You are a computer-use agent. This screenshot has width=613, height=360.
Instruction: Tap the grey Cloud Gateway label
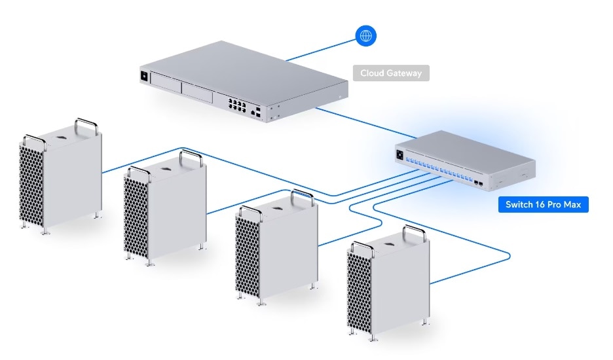click(391, 73)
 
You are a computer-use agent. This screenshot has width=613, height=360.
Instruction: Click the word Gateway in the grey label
click(406, 73)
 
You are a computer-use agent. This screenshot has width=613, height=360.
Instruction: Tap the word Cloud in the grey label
click(373, 73)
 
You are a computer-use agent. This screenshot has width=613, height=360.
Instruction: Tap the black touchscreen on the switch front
click(399, 154)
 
